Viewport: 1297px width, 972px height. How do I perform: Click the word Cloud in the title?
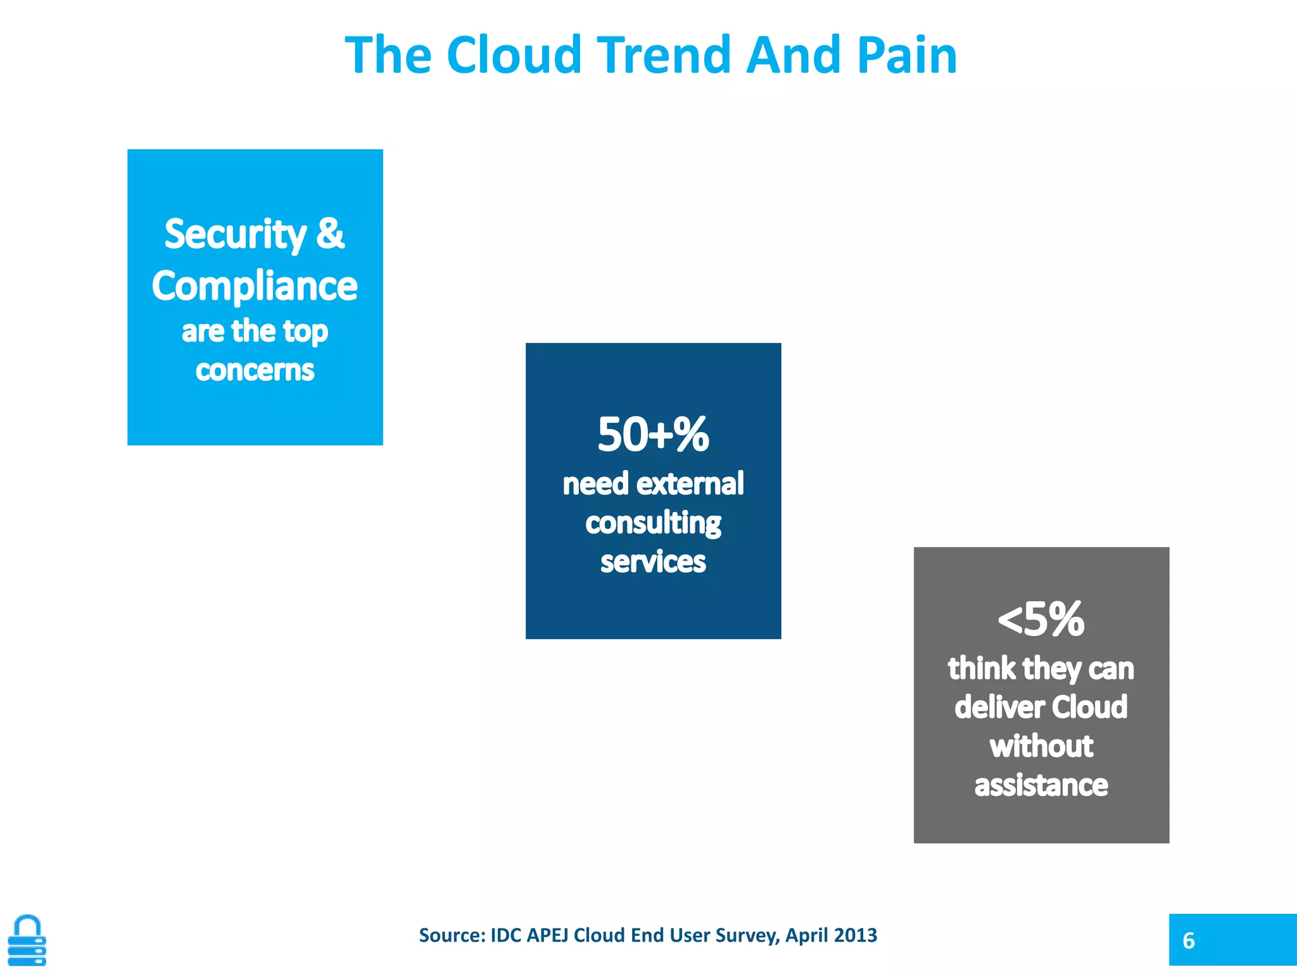514,56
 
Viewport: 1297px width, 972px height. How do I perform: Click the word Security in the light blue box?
236,235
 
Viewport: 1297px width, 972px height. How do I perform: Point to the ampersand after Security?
330,234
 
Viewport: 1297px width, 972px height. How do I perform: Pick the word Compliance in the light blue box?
255,286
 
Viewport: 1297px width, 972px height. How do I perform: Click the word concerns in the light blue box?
255,370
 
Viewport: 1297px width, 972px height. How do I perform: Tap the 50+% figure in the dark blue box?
653,435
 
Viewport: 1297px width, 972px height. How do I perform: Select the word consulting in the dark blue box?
653,523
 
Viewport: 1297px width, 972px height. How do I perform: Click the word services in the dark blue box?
653,562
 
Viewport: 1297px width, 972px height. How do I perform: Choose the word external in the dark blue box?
690,484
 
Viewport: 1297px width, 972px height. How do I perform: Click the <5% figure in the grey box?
1041,620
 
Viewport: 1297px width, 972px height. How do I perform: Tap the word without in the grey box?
1041,747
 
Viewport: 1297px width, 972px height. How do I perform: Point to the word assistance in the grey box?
1041,786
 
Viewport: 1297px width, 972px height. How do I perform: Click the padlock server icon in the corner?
27,940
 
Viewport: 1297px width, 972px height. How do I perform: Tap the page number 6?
1189,941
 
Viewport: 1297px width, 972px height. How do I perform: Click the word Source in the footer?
452,935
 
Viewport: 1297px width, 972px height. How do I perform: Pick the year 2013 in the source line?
855,935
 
